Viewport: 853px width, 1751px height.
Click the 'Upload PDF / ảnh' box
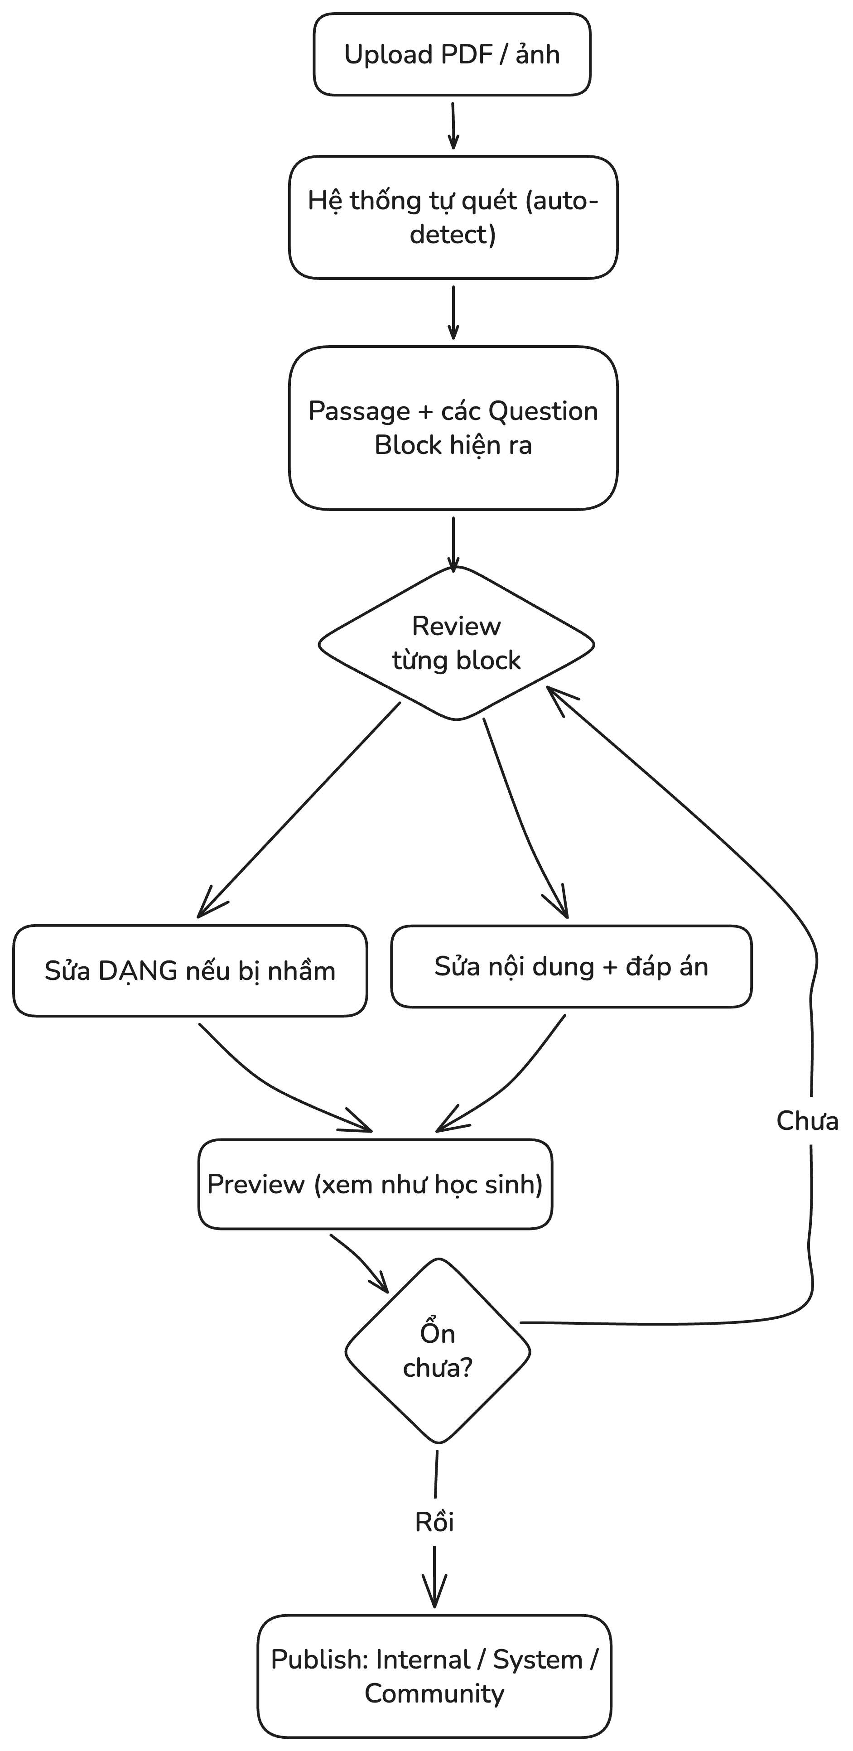click(x=452, y=54)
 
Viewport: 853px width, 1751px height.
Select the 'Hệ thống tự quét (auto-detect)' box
click(x=453, y=217)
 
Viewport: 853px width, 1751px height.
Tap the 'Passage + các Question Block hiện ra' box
click(x=453, y=428)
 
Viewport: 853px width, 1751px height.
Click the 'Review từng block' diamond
click(x=457, y=643)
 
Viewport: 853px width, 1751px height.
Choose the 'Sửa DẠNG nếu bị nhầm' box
click(x=190, y=971)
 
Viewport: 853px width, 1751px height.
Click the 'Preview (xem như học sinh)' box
click(x=375, y=1184)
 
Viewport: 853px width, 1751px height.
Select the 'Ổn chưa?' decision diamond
click(x=438, y=1351)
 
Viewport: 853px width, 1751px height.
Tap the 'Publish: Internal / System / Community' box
click(x=434, y=1676)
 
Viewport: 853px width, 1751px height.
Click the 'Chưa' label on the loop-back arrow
click(x=807, y=1120)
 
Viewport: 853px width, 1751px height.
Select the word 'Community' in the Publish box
click(x=434, y=1694)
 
